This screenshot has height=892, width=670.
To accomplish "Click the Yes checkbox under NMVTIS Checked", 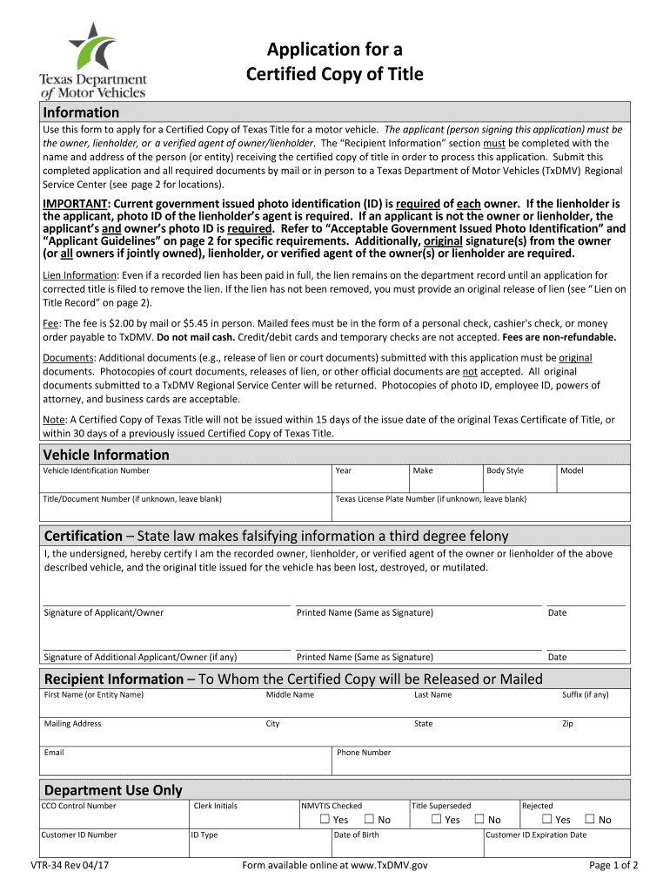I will point(325,820).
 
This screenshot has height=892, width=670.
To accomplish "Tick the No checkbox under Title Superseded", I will point(479,820).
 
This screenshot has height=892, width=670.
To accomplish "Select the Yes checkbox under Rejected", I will point(546,820).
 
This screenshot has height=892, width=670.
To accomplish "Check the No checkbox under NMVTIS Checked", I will point(369,820).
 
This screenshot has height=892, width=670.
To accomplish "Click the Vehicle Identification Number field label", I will point(96,470).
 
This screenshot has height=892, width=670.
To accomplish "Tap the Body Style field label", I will point(505,470).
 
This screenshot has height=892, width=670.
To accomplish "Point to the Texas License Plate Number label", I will point(431,499).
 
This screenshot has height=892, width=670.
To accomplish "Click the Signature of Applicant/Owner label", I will point(104,612).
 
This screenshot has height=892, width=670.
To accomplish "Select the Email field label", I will point(54,752).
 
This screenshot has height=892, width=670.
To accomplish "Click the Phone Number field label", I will point(364,753).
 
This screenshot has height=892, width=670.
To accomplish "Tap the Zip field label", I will point(567,724).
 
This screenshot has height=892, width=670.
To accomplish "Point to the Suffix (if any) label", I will point(585,694).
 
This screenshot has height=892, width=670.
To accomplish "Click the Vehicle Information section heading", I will point(106,455).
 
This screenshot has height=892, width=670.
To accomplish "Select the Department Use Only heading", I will point(113,790).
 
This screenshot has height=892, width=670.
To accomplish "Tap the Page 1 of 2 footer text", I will point(613,865).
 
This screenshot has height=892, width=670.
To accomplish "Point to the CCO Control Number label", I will point(78,806).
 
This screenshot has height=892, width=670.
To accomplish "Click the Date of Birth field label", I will point(356,835).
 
